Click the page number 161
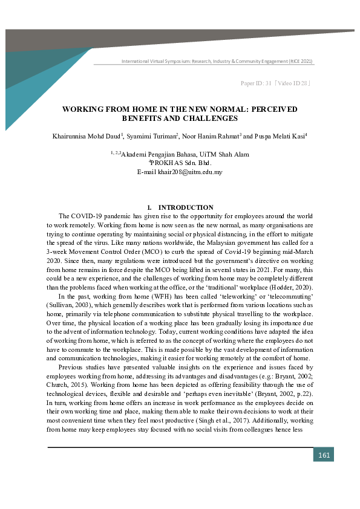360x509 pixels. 324,455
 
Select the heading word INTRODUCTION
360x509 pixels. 186,207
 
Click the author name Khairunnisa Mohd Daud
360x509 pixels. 87,137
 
